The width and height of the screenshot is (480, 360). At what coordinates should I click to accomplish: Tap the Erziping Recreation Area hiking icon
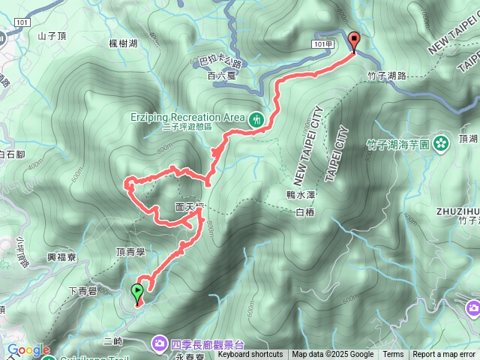click(256, 118)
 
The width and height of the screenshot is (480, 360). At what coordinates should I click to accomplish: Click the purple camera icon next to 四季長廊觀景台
click(160, 343)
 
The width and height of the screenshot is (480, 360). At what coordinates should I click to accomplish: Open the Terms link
click(393, 355)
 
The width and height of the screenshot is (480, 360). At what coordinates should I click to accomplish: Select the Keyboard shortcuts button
click(250, 355)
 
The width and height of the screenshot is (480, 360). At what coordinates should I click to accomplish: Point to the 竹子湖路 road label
click(387, 76)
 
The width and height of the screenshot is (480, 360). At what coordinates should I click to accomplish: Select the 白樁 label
click(305, 213)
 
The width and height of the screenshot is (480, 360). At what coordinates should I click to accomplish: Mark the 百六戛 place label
click(220, 76)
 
